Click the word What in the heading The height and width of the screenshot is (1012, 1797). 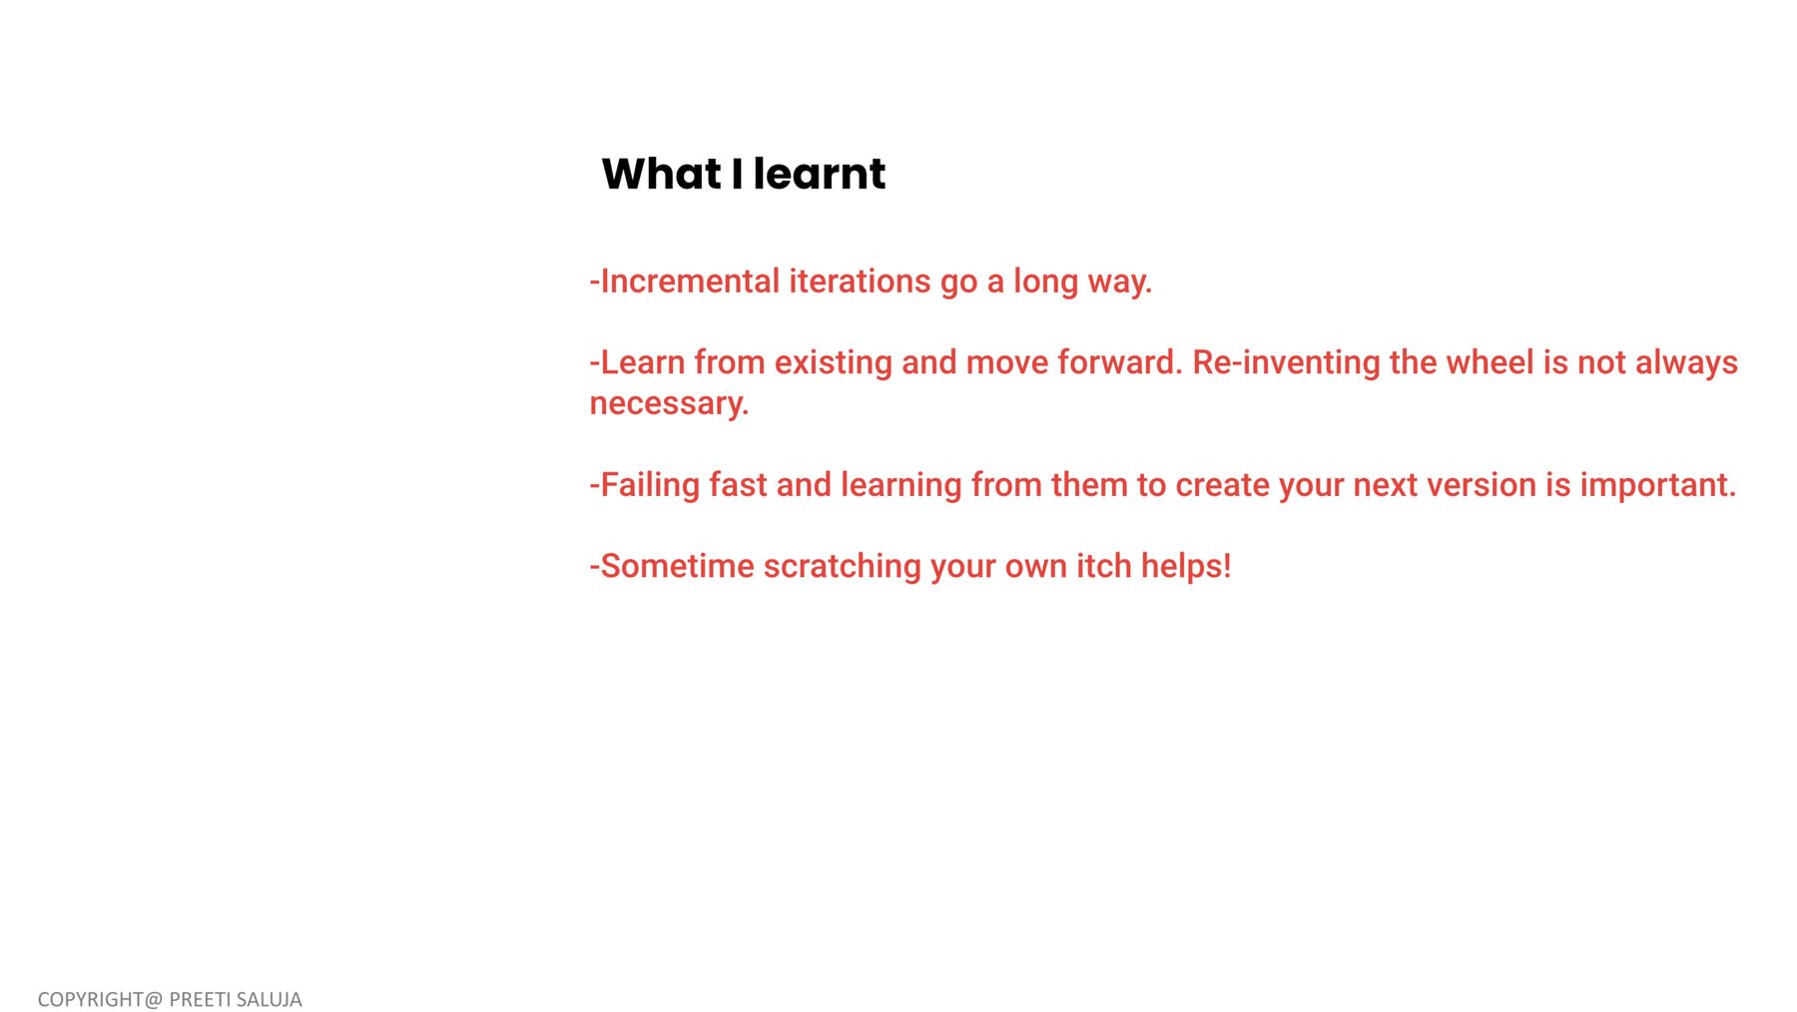coord(661,174)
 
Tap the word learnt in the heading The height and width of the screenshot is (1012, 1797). coord(820,174)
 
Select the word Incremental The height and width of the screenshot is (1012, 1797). coord(690,281)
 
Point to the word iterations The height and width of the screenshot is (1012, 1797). coord(860,281)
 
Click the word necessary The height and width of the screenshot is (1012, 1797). coord(669,404)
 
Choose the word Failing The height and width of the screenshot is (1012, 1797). coord(650,486)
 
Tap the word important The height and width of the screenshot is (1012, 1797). coord(1658,486)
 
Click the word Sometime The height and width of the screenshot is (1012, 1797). coord(677,566)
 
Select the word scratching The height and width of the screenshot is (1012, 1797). coord(843,567)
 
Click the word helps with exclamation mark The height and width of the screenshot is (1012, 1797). coord(1186,567)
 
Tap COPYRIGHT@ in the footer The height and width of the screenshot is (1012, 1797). coord(100,999)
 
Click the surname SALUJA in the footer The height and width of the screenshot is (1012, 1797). coord(269,999)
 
